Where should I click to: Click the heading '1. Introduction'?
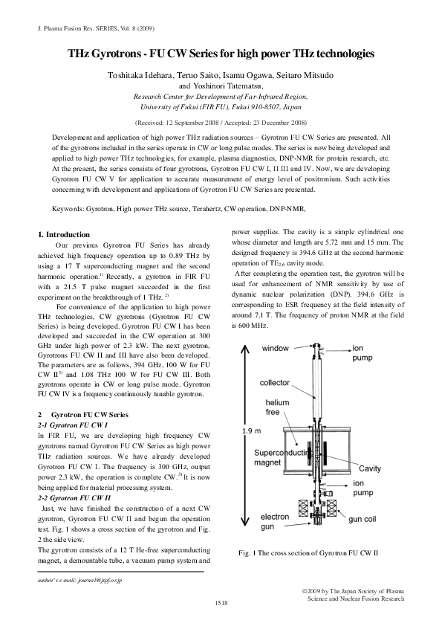click(63, 234)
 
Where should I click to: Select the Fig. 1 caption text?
click(308, 553)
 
